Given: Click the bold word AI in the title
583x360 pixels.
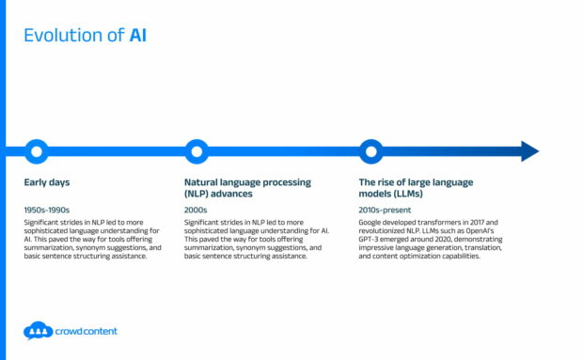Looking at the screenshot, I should coord(137,37).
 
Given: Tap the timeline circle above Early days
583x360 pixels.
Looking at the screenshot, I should coord(36,150).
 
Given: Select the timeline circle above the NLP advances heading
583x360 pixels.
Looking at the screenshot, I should coord(197,150).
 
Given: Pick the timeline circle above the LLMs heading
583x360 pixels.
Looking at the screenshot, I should coord(371,150).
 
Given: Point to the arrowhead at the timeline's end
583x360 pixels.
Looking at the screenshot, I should coord(529,150).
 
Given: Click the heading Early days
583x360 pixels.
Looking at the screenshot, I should coord(47,181).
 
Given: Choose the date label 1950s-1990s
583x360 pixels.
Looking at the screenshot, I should coord(47,210).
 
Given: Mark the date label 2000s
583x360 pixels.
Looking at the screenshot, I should coord(197,210).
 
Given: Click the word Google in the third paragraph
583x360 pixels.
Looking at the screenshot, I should coord(370,223).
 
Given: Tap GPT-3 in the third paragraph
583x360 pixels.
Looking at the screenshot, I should coord(373,240).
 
